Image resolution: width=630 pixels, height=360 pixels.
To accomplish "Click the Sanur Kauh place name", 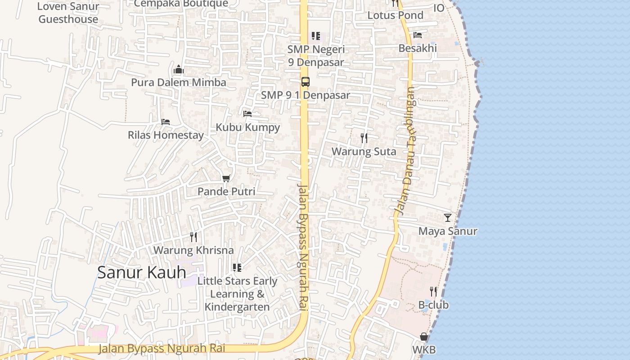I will [x=141, y=272].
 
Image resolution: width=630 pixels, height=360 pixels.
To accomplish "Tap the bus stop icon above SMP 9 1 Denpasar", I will [x=305, y=82].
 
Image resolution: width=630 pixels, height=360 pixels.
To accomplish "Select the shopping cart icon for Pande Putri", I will [x=226, y=179].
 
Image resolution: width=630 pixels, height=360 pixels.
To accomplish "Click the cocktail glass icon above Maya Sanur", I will [x=447, y=218].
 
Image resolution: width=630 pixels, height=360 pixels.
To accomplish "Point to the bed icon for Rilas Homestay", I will [x=166, y=122].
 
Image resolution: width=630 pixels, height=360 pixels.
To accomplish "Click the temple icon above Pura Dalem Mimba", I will [x=179, y=70].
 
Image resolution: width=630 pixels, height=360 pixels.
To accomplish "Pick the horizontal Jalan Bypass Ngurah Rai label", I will [x=162, y=348].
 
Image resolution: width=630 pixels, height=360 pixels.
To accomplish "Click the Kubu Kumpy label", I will [x=247, y=127].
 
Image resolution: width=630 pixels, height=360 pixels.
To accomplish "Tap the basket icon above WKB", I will [x=423, y=337].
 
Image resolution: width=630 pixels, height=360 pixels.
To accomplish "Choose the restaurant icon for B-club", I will [x=433, y=292].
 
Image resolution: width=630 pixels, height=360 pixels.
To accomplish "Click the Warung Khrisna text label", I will [x=193, y=250].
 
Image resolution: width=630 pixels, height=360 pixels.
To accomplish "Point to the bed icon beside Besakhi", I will [x=418, y=35].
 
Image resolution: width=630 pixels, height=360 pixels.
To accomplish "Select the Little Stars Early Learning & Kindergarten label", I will [x=237, y=294].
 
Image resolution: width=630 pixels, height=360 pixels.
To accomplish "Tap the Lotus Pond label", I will [x=395, y=15].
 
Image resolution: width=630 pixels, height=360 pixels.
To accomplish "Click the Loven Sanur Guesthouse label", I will [x=68, y=13].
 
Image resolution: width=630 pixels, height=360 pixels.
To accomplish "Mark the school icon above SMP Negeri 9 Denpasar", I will [x=316, y=36].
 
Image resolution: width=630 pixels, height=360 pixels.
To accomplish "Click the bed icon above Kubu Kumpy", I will [x=247, y=114].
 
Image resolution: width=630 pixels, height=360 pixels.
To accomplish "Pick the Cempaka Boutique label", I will [x=181, y=4].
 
